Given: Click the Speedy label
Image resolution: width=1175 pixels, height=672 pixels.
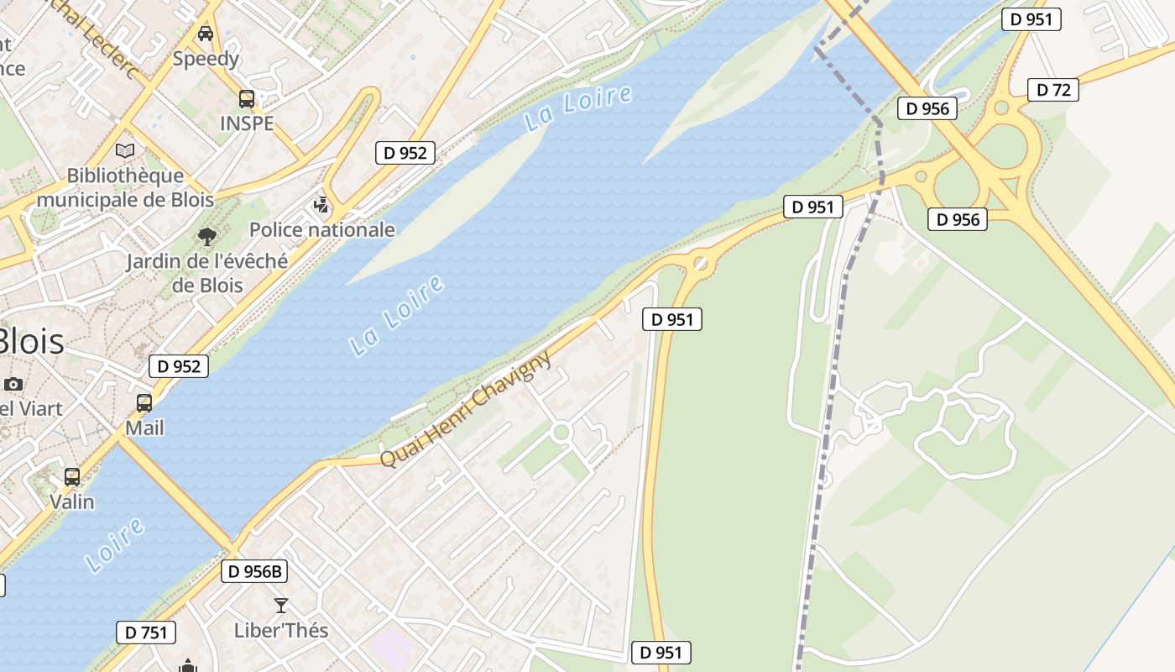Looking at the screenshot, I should coord(206,59).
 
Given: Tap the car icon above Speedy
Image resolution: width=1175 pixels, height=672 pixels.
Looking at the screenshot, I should coord(206,34).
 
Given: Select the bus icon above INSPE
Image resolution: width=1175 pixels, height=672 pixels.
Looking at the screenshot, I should coord(247,99).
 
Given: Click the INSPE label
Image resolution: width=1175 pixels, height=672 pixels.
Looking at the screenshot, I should coord(247,123).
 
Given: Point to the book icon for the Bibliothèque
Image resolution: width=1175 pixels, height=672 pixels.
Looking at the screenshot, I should coord(125,151).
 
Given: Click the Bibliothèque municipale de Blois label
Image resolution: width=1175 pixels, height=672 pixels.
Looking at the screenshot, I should coord(125,187).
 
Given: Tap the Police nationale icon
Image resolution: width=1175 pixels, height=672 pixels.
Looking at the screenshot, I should coord(321,204).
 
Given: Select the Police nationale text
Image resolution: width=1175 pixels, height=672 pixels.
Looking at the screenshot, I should coord(322,229).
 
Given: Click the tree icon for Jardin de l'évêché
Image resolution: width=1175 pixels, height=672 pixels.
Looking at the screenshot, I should coord(206,237).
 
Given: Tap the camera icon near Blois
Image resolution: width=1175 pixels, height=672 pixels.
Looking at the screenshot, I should coord(13,385).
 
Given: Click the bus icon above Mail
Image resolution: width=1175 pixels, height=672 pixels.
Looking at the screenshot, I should coord(144,403).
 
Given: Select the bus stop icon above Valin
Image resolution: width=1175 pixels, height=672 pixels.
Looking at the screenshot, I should coord(72,477).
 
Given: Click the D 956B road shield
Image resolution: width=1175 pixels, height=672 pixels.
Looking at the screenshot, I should coord(255,572).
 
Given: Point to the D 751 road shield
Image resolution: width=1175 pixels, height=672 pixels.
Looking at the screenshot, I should coord(146,633).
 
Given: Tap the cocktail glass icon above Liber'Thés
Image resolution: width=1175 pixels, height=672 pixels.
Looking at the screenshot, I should coord(281,606).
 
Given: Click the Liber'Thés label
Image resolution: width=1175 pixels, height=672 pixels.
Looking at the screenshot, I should coord(281,630).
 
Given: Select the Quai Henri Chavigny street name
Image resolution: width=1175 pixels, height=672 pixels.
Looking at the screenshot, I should coord(467,409).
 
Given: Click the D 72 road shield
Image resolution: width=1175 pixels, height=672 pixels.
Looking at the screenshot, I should coord(1053,90).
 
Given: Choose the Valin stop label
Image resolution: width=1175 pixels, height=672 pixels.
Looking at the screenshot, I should coord(72,501).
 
